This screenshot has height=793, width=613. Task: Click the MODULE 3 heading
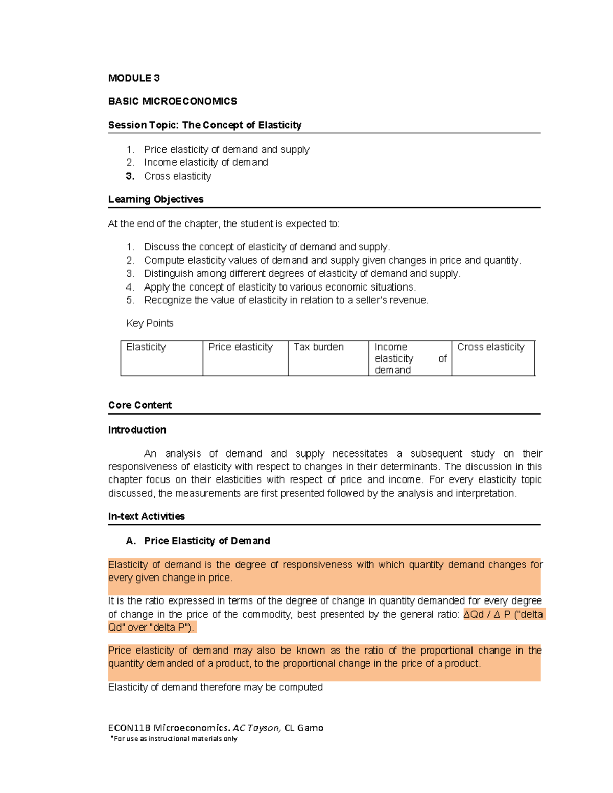[134, 78]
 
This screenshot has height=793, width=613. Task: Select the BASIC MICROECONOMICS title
[172, 101]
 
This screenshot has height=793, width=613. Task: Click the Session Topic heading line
[204, 125]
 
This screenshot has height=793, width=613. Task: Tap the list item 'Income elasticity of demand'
[206, 162]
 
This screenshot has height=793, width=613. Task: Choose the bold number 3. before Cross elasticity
[130, 176]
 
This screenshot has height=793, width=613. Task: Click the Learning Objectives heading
[156, 199]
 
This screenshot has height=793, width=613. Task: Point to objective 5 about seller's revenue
[286, 300]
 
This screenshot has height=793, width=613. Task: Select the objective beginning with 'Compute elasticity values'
[332, 260]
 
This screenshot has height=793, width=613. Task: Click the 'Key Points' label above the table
[150, 323]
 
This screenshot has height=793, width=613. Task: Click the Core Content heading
[140, 405]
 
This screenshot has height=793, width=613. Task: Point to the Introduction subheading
[137, 430]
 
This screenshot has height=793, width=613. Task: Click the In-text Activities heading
[146, 516]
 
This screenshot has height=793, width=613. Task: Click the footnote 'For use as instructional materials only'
[175, 739]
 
